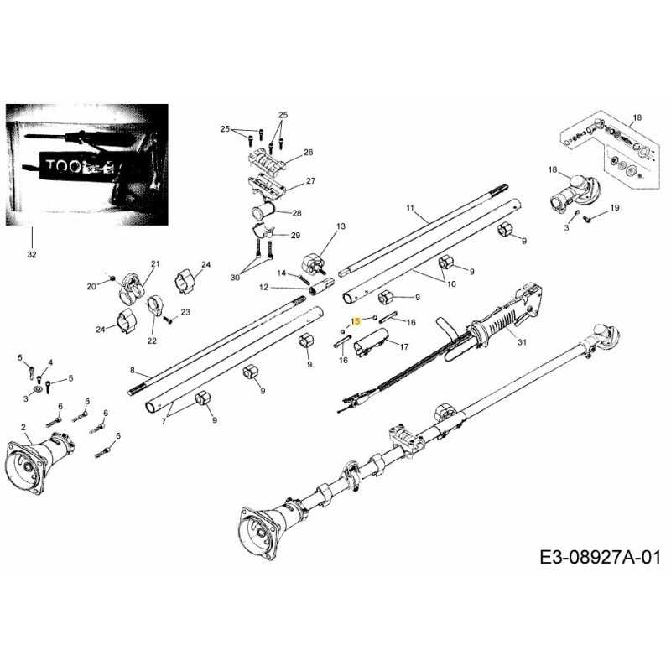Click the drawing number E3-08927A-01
coord(596,555)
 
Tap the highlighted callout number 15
coord(356,320)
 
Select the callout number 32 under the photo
coord(32,253)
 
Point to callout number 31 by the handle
coord(523,341)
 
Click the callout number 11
coord(410,207)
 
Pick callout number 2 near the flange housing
coord(23,429)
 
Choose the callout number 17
coord(403,346)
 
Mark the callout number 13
coord(341,227)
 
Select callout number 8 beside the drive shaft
coord(132,370)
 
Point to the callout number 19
coord(614,208)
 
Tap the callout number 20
coord(92,286)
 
